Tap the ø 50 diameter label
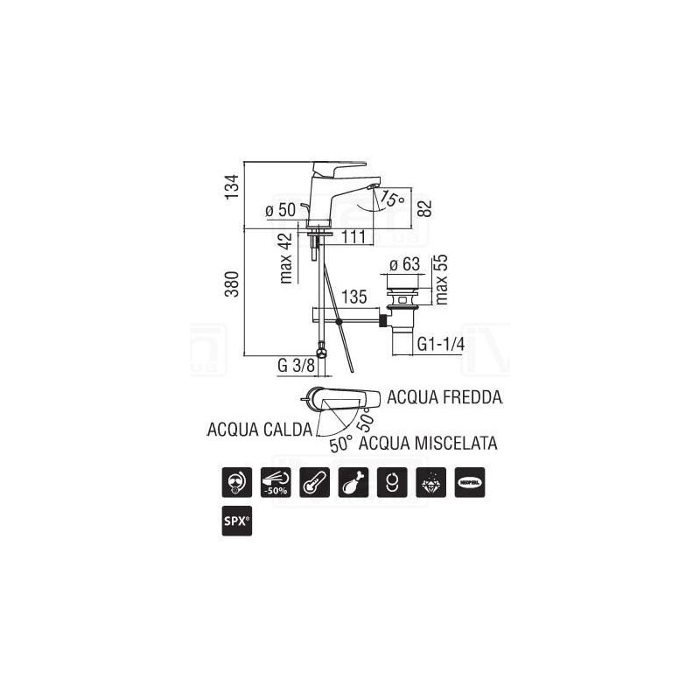pyautogui.click(x=280, y=211)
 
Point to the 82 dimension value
pyautogui.click(x=425, y=207)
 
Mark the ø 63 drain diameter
pyautogui.click(x=405, y=263)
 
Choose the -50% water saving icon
pyautogui.click(x=278, y=482)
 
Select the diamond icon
pyautogui.click(x=434, y=482)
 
